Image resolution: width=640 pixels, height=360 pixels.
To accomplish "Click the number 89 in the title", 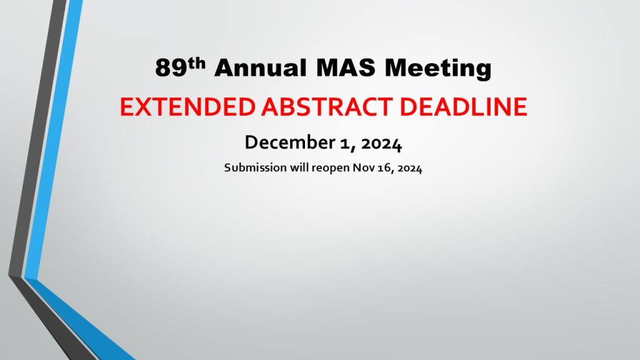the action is coord(171,67).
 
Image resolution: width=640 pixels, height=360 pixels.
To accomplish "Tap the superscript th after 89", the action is coord(197,63).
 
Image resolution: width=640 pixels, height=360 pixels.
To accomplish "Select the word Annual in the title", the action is coord(261,67).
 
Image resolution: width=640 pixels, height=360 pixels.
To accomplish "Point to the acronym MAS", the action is coord(346,67).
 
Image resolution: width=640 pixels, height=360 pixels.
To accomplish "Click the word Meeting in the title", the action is coord(438,69).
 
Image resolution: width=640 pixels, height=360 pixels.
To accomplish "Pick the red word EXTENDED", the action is coord(187,107).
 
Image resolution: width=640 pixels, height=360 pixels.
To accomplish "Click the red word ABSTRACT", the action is coord(327,107).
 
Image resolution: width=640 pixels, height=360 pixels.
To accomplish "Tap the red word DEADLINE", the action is coord(463,107).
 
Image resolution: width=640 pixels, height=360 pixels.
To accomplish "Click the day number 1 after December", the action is coord(344,144).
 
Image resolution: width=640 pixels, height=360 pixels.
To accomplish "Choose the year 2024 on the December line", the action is coord(382,144).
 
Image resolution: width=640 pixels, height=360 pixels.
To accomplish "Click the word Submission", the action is coord(256,167).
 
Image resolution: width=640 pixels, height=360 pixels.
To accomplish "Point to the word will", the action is coord(299,167).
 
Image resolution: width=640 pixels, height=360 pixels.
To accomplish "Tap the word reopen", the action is coord(331,169).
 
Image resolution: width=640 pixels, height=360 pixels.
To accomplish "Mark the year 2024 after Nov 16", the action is coord(410,168).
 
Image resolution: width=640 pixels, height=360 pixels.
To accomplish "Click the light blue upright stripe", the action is coord(53,139).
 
